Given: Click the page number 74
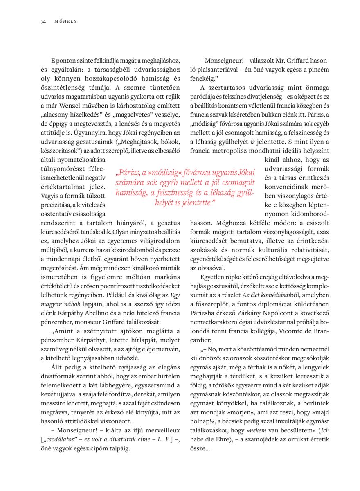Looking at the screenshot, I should click(x=43, y=21).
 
